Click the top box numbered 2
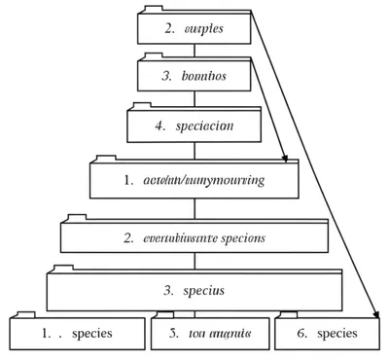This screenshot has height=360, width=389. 194,28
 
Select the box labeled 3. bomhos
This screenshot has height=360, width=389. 194,75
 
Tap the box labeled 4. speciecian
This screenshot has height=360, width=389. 194,126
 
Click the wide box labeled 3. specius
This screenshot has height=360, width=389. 194,290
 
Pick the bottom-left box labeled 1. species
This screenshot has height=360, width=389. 77,333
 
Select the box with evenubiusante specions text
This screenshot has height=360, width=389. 194,237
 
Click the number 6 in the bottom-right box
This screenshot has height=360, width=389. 302,333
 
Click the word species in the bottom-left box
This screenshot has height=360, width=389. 92,333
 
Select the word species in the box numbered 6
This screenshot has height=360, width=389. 337,333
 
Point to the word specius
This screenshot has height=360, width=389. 205,290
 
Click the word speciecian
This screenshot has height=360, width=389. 204,126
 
